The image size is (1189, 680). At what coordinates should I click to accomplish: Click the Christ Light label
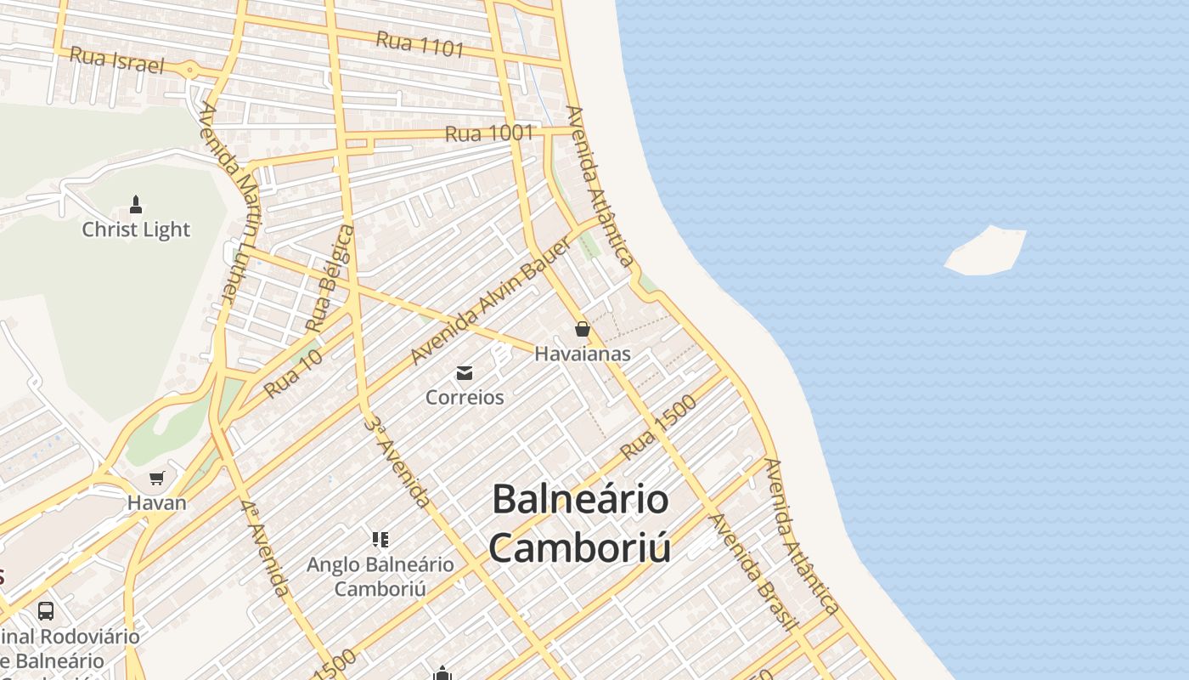(x=136, y=229)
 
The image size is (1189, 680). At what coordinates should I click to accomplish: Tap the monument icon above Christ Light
(x=136, y=204)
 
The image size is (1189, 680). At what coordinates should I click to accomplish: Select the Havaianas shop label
(x=583, y=354)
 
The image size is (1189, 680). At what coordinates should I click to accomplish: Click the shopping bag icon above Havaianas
(x=583, y=329)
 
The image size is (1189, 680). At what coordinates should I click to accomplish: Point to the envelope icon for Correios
(x=465, y=372)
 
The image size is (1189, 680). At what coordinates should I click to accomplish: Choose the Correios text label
(x=465, y=397)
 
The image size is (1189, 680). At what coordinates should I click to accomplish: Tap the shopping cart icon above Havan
(x=156, y=478)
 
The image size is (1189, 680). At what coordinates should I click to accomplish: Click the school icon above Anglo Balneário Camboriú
(x=380, y=539)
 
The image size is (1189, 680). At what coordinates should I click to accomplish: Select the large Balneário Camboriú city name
(x=581, y=523)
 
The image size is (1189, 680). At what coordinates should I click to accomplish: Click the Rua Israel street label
(x=116, y=59)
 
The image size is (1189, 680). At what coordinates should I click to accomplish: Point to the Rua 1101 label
(x=420, y=44)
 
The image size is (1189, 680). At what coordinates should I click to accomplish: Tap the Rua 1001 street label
(x=489, y=133)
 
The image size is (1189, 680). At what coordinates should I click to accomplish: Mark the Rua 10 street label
(x=293, y=375)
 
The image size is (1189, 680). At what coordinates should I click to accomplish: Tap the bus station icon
(x=46, y=610)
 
